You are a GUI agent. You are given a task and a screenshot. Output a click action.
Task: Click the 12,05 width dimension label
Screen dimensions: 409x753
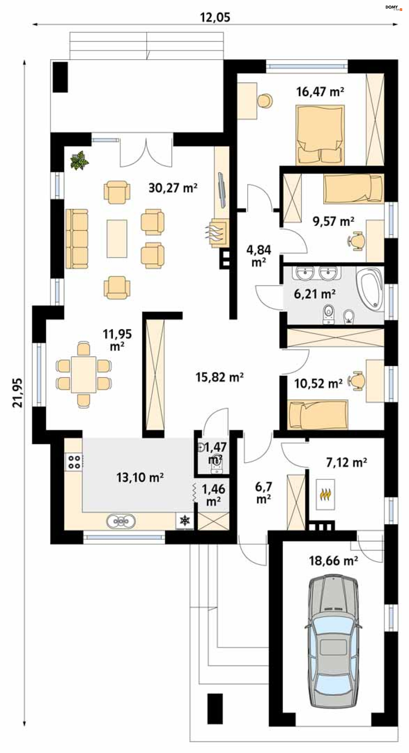point(215,17)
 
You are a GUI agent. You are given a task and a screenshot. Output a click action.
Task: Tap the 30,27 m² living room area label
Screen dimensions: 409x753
point(173,188)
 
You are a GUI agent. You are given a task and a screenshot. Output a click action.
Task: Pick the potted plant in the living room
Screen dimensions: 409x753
point(79,160)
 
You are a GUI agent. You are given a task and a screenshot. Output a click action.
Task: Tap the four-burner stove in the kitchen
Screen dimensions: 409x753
point(74,462)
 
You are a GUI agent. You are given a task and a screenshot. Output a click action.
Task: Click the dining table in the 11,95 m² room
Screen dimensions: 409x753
point(84,374)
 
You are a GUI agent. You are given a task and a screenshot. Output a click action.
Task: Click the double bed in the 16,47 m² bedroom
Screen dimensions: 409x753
point(320,135)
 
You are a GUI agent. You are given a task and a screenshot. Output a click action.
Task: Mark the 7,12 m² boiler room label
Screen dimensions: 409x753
point(347,462)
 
